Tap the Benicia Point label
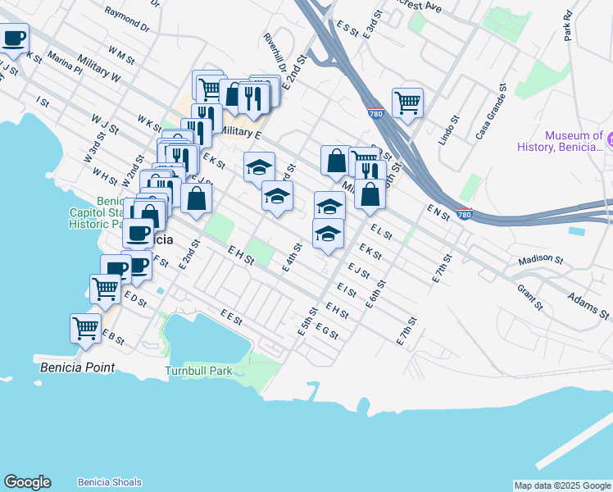[x=77, y=368]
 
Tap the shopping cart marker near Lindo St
[x=407, y=103]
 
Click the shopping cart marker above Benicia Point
[x=85, y=328]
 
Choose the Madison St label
[x=541, y=260]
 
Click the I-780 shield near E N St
[x=464, y=215]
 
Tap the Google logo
[x=27, y=482]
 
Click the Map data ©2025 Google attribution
[x=562, y=485]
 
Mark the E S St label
[x=348, y=30]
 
